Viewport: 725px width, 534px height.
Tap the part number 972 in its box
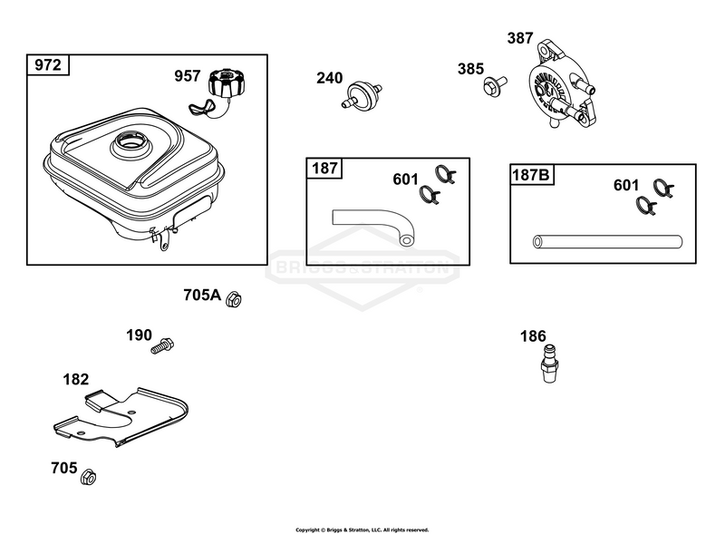pyautogui.click(x=48, y=64)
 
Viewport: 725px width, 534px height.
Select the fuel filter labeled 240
pyautogui.click(x=362, y=93)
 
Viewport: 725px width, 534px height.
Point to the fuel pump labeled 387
pyautogui.click(x=560, y=86)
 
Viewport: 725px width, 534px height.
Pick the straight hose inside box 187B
pyautogui.click(x=607, y=241)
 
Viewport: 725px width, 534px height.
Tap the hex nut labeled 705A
pyautogui.click(x=234, y=299)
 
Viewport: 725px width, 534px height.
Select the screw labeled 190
pyautogui.click(x=162, y=346)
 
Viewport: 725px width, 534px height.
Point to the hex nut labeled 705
pyautogui.click(x=88, y=477)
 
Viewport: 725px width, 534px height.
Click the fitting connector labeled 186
pyautogui.click(x=550, y=364)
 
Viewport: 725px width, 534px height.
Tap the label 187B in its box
pyautogui.click(x=531, y=175)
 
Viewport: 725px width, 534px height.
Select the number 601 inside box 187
pyautogui.click(x=405, y=180)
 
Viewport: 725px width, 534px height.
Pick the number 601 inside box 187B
pyautogui.click(x=626, y=185)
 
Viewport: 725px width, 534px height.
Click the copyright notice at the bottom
pyautogui.click(x=362, y=529)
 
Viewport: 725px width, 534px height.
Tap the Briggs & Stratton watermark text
pyautogui.click(x=362, y=267)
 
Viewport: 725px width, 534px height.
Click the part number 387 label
pyautogui.click(x=520, y=38)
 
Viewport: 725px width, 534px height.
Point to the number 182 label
pyautogui.click(x=75, y=380)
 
